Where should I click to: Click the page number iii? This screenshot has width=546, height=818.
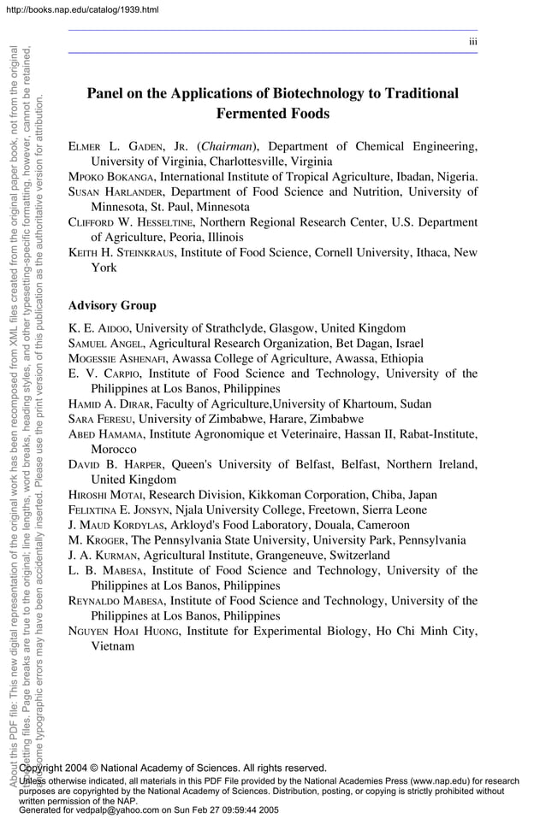coord(472,42)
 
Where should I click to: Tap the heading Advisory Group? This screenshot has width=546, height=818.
coord(111,305)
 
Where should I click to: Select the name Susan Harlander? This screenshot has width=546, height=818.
coord(110,191)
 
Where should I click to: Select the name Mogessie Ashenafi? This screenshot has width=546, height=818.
coord(117,358)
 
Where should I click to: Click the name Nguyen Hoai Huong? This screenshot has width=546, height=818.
coord(124,631)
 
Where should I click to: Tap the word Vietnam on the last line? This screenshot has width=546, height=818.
coord(113,646)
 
